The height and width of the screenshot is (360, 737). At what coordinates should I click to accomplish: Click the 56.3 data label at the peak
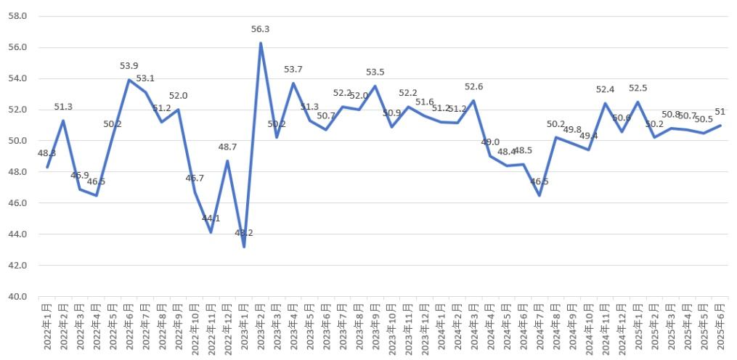coord(260,29)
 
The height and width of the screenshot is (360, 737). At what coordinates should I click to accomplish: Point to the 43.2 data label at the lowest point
coord(244,233)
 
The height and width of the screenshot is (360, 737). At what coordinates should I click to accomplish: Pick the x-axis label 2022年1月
coord(47,327)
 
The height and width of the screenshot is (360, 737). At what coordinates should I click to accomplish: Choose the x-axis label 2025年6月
coord(720,327)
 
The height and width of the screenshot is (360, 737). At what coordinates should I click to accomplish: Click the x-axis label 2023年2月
coord(261,327)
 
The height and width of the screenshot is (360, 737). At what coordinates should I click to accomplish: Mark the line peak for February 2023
coord(261,43)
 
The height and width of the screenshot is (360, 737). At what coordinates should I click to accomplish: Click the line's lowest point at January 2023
coord(244,247)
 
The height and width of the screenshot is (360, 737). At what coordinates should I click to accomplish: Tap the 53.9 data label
coord(129,66)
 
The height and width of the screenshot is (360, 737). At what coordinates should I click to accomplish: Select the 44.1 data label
coord(211,218)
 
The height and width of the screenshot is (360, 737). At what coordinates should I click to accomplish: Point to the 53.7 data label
coord(293,70)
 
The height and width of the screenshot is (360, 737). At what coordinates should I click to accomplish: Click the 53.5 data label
coord(375,73)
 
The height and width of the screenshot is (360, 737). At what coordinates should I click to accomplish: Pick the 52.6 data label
coord(473,87)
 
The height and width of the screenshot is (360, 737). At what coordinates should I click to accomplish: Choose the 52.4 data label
coord(605,89)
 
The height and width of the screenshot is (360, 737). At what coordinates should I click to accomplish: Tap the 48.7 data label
coord(228,147)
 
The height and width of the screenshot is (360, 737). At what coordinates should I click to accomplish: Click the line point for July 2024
coord(539,195)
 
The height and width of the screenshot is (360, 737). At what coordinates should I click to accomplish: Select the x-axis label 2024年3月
coord(473,327)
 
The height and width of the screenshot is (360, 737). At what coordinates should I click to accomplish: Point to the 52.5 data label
coord(638,88)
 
